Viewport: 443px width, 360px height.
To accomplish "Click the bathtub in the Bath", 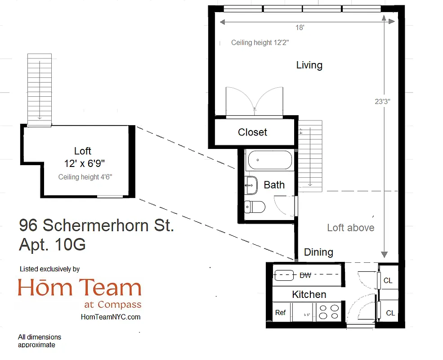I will [269, 160].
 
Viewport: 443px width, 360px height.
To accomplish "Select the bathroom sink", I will [251, 184].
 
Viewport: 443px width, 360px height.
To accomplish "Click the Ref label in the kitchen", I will [280, 312].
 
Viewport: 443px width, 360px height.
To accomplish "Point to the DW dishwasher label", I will [305, 274].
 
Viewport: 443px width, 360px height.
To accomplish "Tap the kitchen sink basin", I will [284, 274].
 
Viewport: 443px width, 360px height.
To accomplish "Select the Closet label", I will [252, 132].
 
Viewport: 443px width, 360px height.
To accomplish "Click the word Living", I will [309, 65].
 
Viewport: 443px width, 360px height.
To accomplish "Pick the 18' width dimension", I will [300, 28].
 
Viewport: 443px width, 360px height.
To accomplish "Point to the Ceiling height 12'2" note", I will [260, 43].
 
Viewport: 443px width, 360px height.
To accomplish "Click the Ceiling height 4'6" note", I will [85, 177].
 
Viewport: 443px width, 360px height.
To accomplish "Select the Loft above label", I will [350, 228].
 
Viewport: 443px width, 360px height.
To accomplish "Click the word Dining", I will [318, 252].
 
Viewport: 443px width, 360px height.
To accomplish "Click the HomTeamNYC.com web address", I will [111, 317].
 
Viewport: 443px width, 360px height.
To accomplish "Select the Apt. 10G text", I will [52, 245].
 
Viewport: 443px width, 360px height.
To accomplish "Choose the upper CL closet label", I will [388, 281].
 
